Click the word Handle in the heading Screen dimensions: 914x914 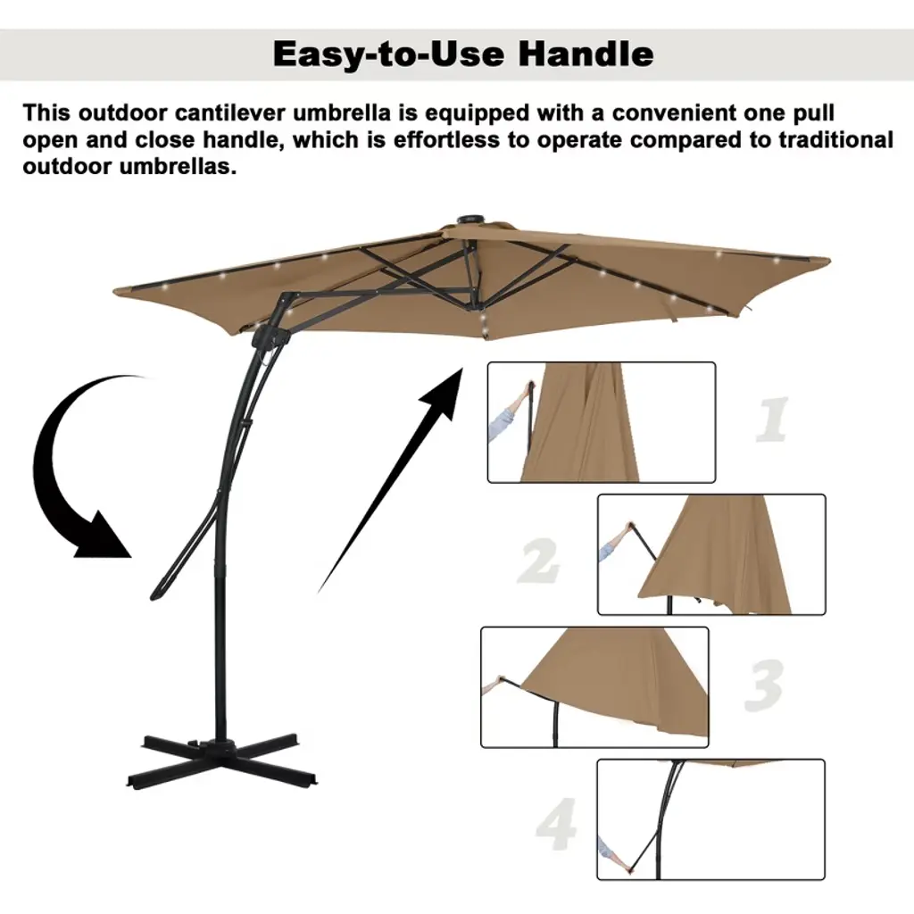pos(586,54)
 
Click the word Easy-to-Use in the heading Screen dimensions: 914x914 pos(389,54)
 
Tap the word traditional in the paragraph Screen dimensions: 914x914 pos(835,140)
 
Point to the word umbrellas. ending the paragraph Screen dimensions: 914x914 pos(178,167)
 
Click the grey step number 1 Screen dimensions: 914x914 pos(772,419)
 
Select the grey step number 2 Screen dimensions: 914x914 pos(538,561)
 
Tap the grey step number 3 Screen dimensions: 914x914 pos(764,685)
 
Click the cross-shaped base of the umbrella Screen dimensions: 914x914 pos(221,758)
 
